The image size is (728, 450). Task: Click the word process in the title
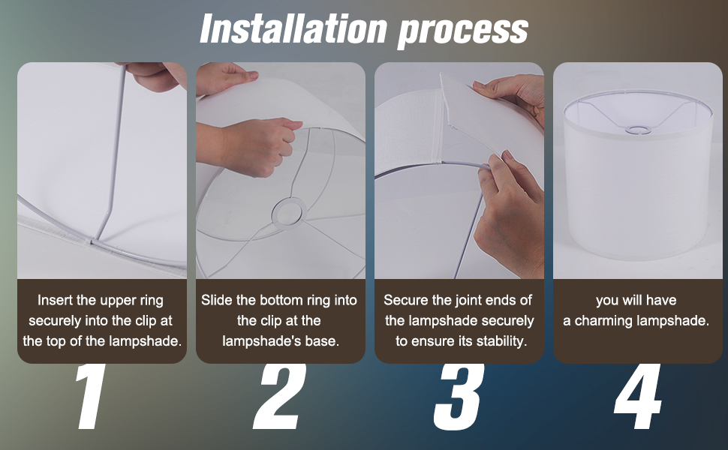463,31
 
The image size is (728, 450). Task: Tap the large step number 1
90,397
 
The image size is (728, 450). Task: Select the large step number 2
279,397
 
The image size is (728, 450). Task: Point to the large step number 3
459,397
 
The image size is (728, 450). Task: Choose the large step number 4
637,397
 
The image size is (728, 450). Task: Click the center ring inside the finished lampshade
637,130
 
